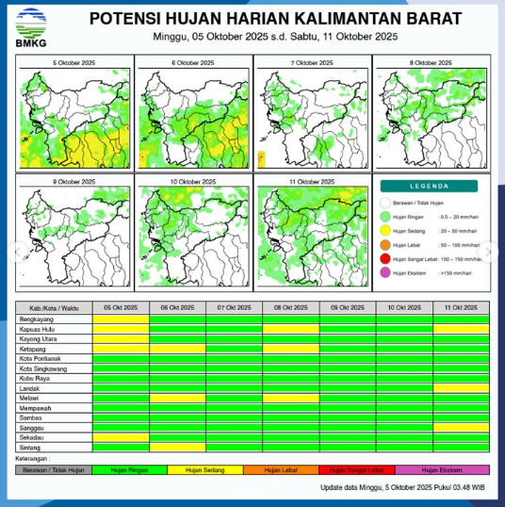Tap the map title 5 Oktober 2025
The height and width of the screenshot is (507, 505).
point(73,62)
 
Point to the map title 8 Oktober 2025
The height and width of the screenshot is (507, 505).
point(432,62)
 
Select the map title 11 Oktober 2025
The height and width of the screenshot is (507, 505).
point(312,181)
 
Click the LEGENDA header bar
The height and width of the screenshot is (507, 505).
point(431,187)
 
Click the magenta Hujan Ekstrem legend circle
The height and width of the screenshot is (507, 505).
point(384,272)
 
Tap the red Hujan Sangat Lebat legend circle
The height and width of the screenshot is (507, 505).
point(384,258)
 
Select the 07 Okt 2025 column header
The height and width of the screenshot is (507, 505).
point(234,308)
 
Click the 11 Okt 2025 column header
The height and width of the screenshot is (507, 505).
point(461,308)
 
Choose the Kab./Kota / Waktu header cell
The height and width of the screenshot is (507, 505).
point(54,308)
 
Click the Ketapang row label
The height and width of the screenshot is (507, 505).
point(33,349)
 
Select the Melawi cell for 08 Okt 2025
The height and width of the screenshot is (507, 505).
point(291,399)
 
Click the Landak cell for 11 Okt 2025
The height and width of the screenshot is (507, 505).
point(461,388)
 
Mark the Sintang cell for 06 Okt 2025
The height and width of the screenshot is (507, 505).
point(177,448)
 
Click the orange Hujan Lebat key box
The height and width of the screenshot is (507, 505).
point(281,468)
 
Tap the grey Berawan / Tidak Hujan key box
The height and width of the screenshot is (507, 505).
point(53,468)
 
